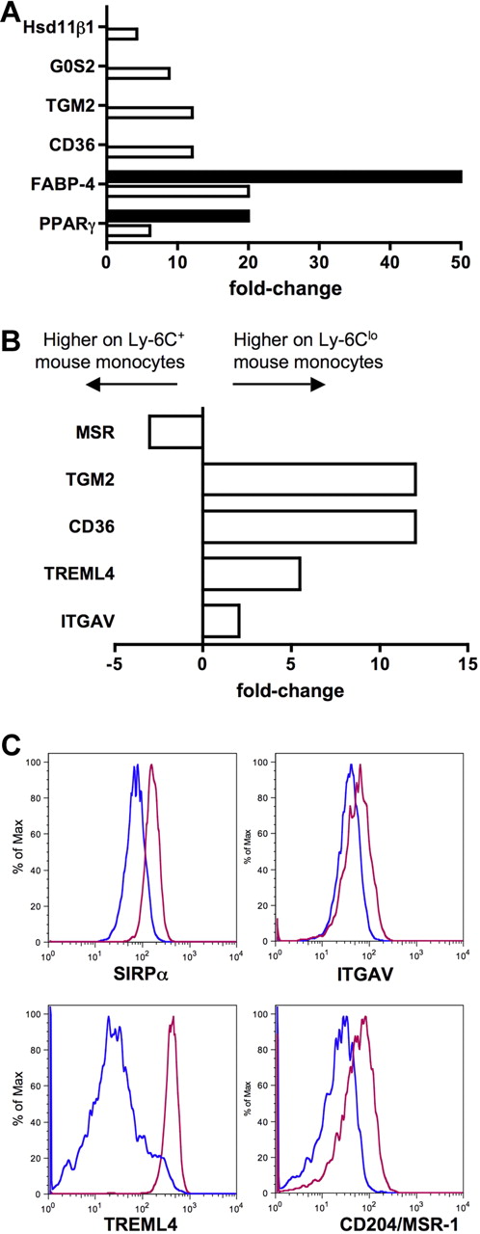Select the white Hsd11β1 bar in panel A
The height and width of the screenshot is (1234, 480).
[122, 34]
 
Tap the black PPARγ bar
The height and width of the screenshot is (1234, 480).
[178, 216]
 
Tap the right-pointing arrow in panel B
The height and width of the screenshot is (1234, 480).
[279, 384]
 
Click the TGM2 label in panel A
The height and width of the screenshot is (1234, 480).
[79, 108]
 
